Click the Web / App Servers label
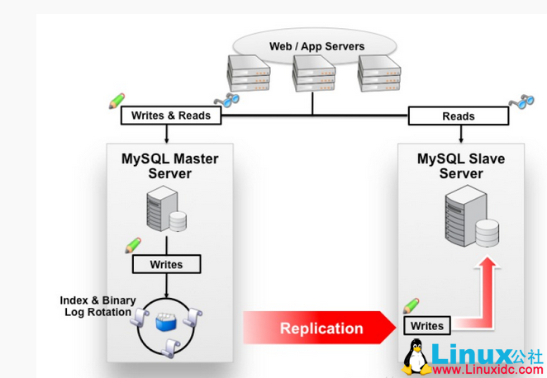coord(316,46)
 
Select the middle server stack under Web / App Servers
coord(312,76)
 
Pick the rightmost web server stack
coord(378,74)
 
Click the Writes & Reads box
coord(171,116)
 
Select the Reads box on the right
coord(459,116)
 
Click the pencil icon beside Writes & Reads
coord(117,101)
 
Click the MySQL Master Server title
coord(170,166)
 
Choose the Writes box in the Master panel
coord(168,264)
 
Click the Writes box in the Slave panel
coord(427,325)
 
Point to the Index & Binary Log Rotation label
coord(96,306)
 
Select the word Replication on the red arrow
coord(321,328)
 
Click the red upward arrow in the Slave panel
coord(487,281)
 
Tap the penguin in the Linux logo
coord(416,357)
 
